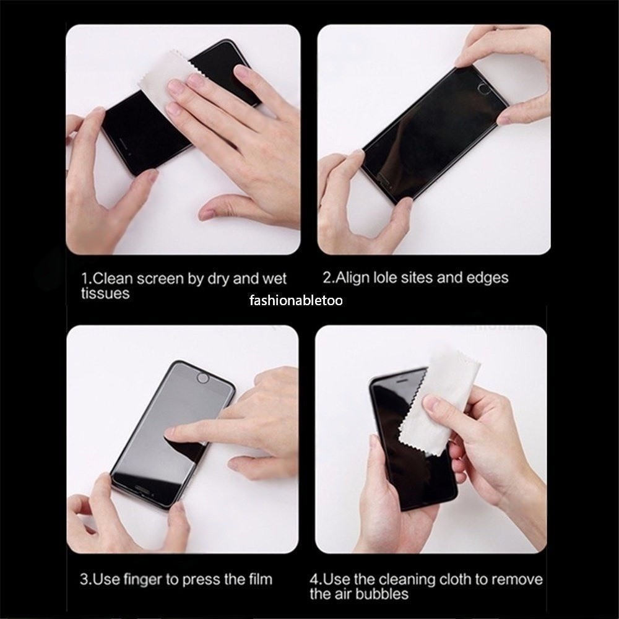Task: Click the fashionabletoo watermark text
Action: click(x=296, y=301)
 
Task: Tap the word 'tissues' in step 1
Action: click(x=105, y=293)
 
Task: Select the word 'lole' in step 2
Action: click(x=385, y=277)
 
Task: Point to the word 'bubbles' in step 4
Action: click(x=383, y=594)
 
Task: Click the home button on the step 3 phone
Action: click(x=202, y=379)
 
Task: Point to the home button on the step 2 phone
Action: click(x=485, y=89)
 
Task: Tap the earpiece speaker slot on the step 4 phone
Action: click(x=401, y=381)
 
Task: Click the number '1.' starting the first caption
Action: click(x=87, y=279)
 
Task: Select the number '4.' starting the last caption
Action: click(x=316, y=579)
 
